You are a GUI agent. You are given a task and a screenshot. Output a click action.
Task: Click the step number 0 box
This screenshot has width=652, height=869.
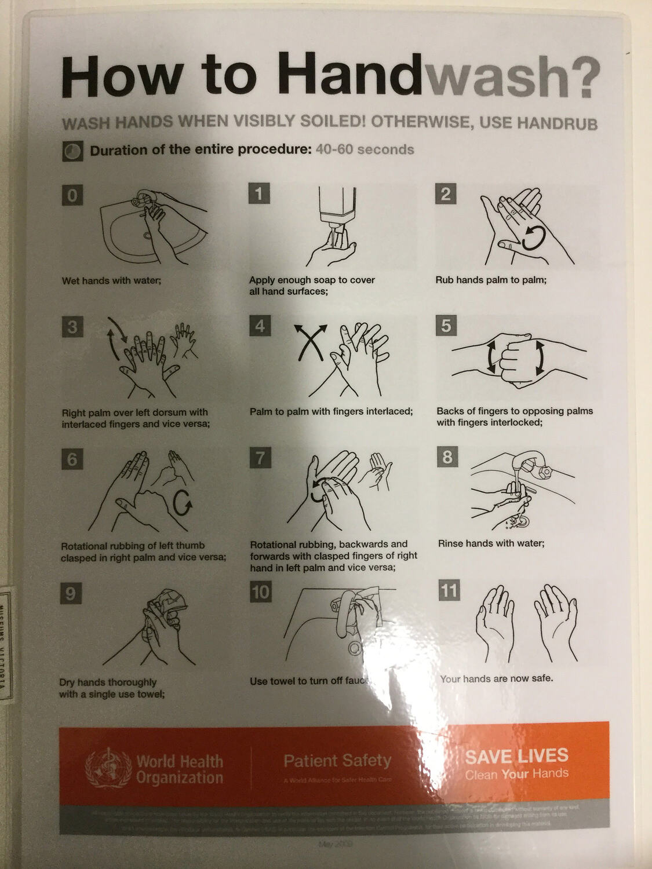[72, 195]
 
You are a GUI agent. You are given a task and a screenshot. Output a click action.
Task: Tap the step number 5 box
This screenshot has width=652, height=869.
[446, 326]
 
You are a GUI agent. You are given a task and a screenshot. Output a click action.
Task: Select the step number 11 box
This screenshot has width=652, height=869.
[449, 591]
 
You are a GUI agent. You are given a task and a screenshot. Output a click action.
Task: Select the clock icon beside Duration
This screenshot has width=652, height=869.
[72, 151]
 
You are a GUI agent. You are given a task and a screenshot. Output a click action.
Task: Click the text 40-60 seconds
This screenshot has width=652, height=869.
[365, 149]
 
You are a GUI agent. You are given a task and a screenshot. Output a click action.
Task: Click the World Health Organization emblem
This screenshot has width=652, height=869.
[108, 769]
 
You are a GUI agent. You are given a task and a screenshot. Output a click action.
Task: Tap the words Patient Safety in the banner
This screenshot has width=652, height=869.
[337, 761]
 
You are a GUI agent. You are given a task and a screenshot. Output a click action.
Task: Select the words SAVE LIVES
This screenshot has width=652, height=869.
[516, 756]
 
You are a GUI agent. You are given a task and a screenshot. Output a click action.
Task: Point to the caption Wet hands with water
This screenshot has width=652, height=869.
[111, 280]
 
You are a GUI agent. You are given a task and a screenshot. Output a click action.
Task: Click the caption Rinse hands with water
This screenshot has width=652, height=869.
[491, 543]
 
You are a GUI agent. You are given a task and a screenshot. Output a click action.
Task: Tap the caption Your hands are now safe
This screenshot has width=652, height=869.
[496, 678]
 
